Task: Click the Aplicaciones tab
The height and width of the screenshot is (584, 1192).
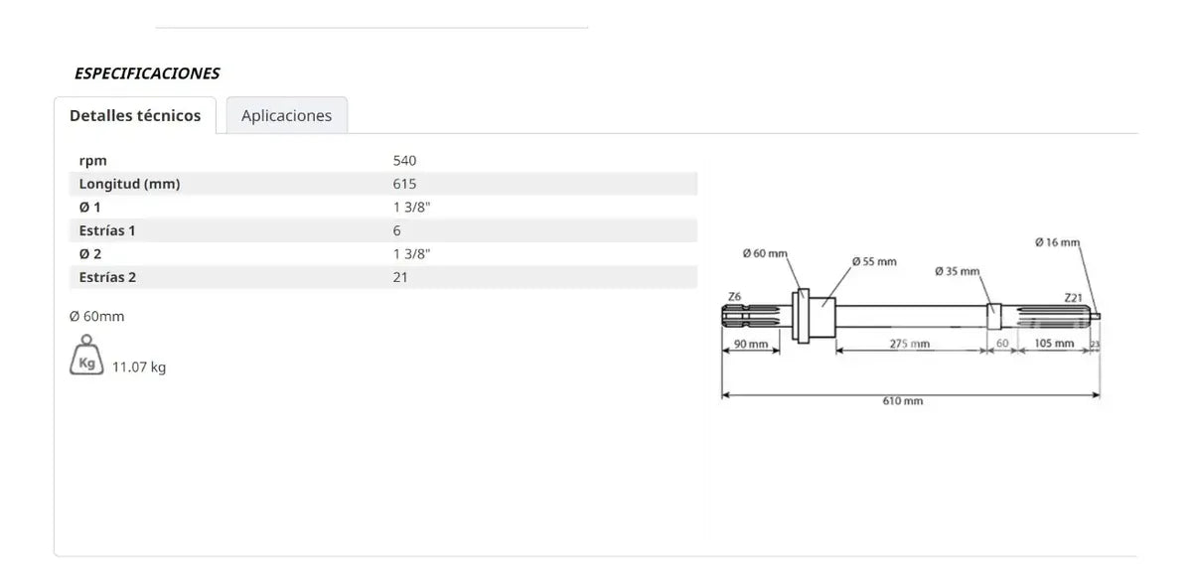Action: [287, 115]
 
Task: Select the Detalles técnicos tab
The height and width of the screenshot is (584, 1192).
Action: [135, 115]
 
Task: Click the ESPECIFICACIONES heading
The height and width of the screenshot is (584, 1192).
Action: [147, 73]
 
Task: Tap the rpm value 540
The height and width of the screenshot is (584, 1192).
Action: [404, 161]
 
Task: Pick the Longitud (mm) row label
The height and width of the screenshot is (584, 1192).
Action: [129, 184]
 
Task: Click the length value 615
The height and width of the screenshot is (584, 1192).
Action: [404, 184]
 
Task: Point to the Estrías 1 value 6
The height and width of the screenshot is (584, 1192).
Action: [397, 230]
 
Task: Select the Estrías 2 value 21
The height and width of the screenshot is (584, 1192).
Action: [400, 278]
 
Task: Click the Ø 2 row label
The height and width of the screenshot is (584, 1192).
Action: [90, 254]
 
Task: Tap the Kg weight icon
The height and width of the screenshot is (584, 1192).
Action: [86, 355]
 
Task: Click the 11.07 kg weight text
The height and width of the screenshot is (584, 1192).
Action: [139, 367]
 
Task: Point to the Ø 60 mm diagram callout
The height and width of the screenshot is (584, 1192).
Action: [765, 253]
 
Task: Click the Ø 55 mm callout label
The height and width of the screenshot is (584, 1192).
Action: [874, 261]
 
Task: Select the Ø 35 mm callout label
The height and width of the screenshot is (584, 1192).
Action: [958, 271]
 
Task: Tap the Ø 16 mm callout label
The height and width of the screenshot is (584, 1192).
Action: [1057, 242]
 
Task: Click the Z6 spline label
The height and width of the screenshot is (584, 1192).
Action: [734, 297]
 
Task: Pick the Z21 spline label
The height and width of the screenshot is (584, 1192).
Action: [1074, 298]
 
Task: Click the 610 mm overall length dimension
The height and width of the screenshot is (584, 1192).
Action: [903, 401]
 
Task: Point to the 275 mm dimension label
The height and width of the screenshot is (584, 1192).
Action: [910, 344]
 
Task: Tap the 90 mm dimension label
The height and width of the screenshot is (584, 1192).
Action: [751, 344]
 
